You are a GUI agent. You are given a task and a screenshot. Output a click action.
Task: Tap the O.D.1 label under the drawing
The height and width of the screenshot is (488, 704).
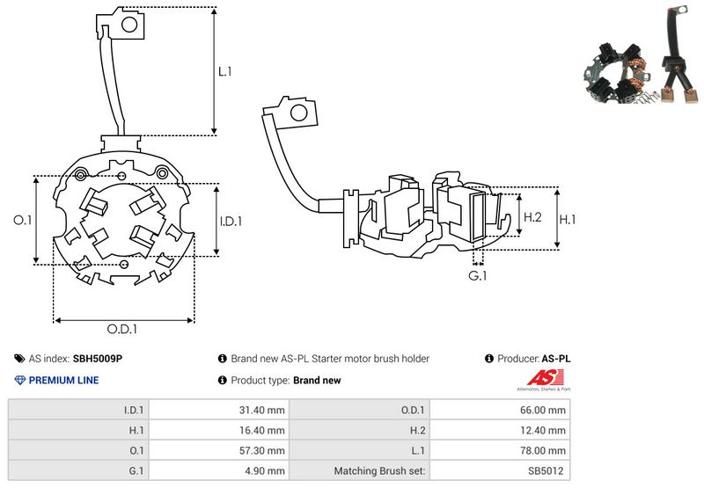(123, 330)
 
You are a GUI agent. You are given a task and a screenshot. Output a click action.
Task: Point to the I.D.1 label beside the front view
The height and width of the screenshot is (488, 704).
(230, 222)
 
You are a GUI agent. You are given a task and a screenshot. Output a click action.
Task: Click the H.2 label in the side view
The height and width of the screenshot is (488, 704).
(532, 216)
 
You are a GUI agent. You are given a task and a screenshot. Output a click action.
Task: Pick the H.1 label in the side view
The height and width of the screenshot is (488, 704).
(568, 217)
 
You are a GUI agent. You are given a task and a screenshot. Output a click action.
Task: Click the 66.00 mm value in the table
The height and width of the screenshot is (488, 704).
(545, 409)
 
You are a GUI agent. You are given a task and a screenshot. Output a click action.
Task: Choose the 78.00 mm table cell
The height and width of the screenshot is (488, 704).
(545, 450)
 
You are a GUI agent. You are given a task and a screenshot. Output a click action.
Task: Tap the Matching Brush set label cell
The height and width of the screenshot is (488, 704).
(379, 471)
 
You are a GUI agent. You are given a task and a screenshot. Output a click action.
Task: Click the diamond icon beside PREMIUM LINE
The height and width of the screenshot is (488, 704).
(19, 381)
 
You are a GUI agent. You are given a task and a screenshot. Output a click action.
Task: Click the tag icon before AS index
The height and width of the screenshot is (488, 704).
(19, 359)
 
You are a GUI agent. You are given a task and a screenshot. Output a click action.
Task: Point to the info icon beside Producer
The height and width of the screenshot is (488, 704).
(489, 359)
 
